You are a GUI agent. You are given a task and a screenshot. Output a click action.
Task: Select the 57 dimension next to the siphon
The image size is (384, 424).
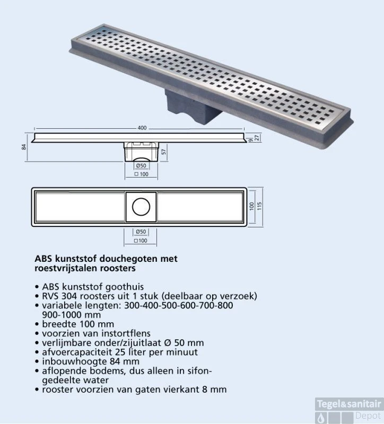[x=164, y=152]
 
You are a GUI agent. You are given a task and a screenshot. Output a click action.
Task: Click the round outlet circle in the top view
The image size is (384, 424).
[x=141, y=207]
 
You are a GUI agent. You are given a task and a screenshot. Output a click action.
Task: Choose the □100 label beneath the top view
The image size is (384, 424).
[x=141, y=241]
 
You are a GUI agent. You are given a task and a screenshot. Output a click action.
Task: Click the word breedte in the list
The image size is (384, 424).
[x=57, y=324]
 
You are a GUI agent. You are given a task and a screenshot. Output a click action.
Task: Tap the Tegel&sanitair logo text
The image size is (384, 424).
[x=348, y=404]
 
